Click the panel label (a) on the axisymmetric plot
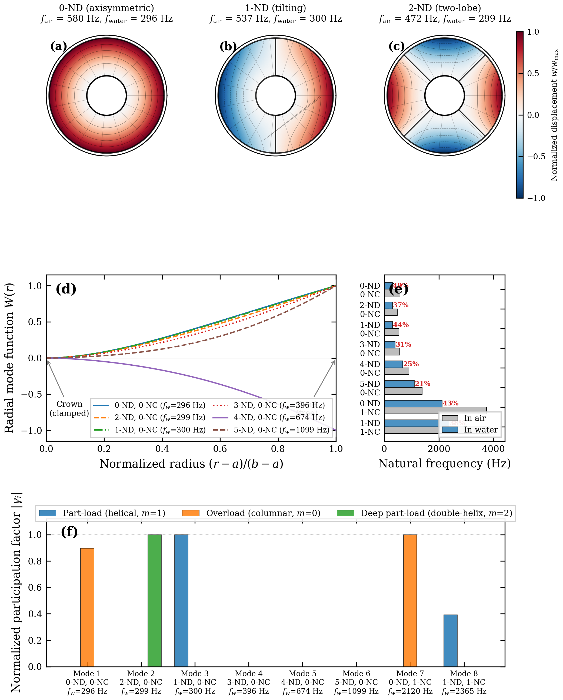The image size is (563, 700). [58, 47]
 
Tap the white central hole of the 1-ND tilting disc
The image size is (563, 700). [275, 95]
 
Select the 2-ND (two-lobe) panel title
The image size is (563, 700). [445, 8]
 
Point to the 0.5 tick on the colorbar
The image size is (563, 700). [532, 73]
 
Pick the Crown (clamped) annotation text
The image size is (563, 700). [69, 408]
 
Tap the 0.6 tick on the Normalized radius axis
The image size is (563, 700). [220, 449]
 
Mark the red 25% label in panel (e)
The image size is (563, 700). [411, 364]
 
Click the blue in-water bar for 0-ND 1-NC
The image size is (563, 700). [413, 404]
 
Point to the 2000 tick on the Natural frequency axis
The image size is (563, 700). [439, 449]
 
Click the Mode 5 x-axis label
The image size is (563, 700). [302, 682]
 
